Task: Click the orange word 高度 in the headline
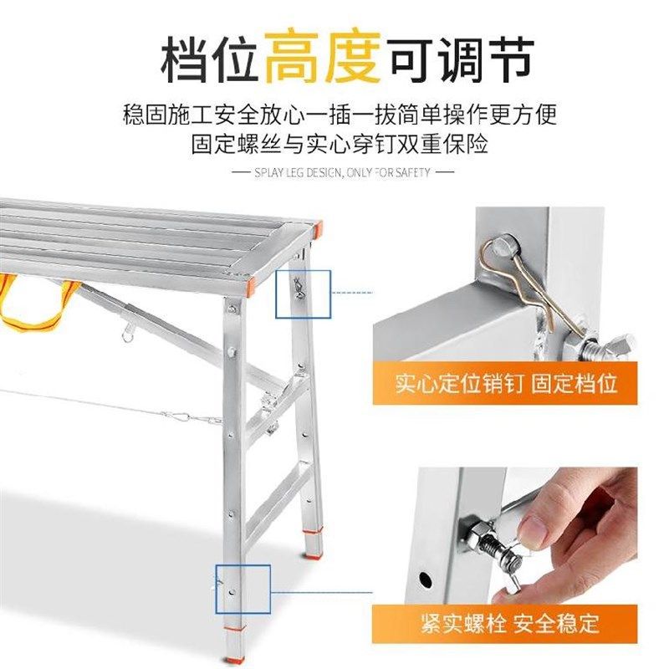click(321, 56)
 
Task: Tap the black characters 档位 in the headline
click(209, 56)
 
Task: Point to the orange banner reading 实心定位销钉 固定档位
click(507, 384)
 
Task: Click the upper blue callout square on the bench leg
click(304, 294)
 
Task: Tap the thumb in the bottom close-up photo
click(535, 523)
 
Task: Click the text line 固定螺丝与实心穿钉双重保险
click(340, 144)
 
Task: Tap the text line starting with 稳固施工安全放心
click(340, 114)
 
